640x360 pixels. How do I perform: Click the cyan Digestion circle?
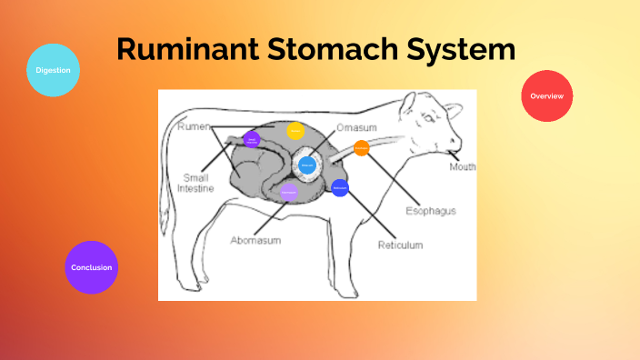tap(53, 70)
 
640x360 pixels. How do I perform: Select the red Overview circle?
tap(547, 95)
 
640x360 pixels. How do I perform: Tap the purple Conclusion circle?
tap(92, 267)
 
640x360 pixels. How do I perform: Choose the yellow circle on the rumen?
tap(295, 131)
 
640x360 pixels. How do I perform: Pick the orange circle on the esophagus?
tap(361, 148)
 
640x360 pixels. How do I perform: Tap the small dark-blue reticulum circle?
tap(340, 188)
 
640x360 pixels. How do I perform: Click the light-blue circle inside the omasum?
tap(307, 165)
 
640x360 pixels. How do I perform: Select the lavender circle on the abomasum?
tap(289, 193)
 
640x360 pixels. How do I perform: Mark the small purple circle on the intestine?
tap(252, 139)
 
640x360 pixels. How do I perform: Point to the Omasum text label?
tap(356, 128)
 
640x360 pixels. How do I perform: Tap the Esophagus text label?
tap(430, 211)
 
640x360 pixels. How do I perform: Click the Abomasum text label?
tap(255, 240)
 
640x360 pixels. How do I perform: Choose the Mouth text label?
tap(463, 167)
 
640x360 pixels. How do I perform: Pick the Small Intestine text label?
tap(196, 184)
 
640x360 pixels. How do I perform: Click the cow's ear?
tap(411, 104)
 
